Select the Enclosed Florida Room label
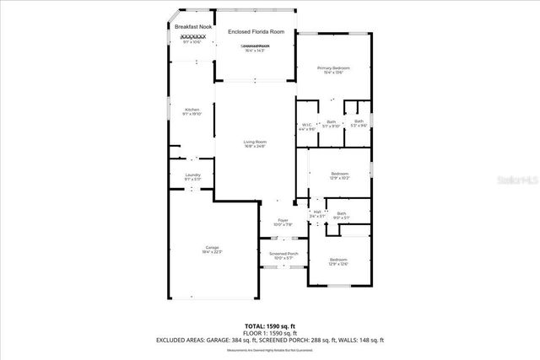pos(256,32)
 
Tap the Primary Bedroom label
pos(333,67)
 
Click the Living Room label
pos(255,142)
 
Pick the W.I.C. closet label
pos(307,126)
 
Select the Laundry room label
pos(192,175)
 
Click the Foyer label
pos(283,220)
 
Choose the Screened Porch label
pos(283,253)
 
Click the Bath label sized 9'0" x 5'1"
pos(341,213)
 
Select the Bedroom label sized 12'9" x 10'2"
pos(339,173)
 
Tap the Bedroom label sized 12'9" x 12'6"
pos(338,259)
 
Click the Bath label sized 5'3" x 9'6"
pos(359,121)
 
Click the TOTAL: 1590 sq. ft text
pos(270,325)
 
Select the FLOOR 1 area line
pos(270,332)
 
